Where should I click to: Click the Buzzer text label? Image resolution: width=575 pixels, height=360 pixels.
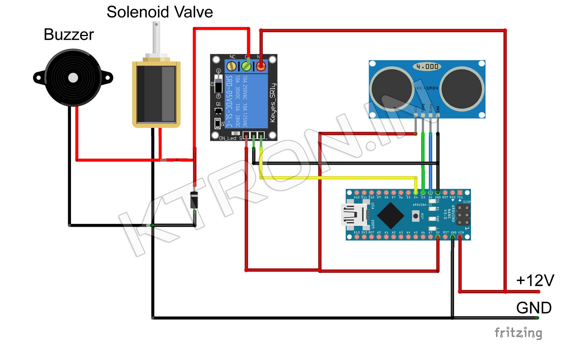click(69, 34)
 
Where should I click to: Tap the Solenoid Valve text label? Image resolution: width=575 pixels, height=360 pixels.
click(160, 12)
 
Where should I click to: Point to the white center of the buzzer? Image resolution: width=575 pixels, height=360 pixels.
click(73, 78)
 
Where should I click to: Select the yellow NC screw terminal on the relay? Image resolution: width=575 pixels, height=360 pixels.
click(231, 66)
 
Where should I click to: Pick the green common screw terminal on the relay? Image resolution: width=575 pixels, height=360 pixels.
click(246, 66)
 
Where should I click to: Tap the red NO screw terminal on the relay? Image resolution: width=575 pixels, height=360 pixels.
click(261, 66)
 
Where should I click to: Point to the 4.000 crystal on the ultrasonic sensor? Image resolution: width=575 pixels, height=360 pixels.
click(427, 66)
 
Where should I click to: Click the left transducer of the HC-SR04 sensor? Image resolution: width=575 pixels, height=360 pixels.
click(392, 89)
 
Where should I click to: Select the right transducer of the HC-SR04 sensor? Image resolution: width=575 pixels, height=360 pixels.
click(462, 89)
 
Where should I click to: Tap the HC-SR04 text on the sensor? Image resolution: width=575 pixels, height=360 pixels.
click(427, 88)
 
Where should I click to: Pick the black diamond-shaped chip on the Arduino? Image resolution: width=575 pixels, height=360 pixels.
click(391, 215)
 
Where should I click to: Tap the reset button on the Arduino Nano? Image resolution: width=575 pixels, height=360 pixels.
click(416, 216)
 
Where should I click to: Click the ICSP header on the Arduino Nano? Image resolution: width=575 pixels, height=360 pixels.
click(463, 214)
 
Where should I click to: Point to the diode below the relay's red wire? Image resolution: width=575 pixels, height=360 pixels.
click(194, 200)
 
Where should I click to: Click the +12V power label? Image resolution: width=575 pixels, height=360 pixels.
click(535, 280)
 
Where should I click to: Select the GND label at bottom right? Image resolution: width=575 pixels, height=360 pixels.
click(534, 308)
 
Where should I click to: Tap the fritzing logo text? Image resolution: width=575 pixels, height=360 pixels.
click(518, 333)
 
